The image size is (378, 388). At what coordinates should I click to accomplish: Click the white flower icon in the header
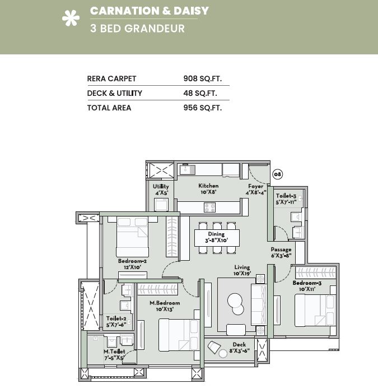point(71,18)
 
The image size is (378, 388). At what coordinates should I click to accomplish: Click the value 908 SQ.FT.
point(203,78)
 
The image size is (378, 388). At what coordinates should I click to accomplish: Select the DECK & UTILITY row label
point(114,93)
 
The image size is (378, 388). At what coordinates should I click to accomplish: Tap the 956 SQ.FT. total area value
point(203,108)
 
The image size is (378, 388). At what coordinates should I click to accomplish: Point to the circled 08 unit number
point(277,174)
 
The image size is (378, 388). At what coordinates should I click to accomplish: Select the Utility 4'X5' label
point(161,190)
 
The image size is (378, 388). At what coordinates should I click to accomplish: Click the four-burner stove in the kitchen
point(209,207)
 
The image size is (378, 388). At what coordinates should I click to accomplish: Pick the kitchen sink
point(187,169)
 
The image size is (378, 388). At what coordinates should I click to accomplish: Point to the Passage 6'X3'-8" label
point(281,252)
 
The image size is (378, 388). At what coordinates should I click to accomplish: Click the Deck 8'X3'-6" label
point(239,348)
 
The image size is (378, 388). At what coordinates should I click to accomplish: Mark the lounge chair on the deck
point(214,347)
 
